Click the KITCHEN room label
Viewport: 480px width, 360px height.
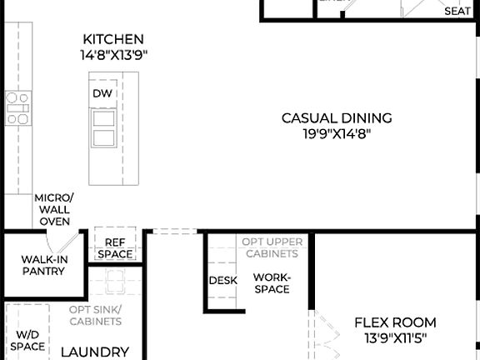(x=113, y=39)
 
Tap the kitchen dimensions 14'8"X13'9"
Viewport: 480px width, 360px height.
(x=113, y=56)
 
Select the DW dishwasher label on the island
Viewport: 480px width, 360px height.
(x=102, y=93)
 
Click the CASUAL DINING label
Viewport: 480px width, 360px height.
(x=336, y=118)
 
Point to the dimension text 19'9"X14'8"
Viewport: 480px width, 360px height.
(x=336, y=133)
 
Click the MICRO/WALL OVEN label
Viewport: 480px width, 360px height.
(x=53, y=210)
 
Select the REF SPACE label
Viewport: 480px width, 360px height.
(x=114, y=248)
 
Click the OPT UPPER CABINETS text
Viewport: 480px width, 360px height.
(x=270, y=247)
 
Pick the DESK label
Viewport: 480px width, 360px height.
(x=222, y=281)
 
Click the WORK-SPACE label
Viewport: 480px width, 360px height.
(x=272, y=282)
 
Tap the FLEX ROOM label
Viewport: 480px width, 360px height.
(x=395, y=322)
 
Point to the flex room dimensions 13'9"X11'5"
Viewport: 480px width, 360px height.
(x=395, y=338)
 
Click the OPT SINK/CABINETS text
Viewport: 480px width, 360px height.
(x=95, y=315)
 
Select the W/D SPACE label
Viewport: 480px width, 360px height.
(x=27, y=340)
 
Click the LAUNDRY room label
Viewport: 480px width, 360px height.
(x=94, y=352)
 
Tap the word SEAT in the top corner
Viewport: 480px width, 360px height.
(x=457, y=11)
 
